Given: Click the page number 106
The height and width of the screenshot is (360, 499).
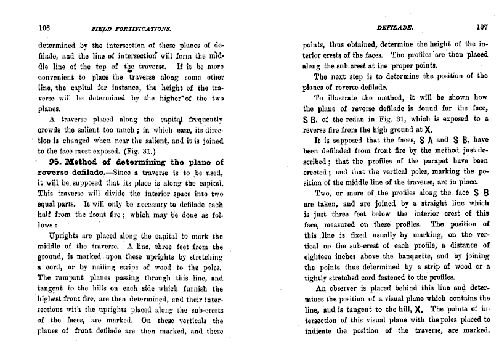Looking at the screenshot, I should pos(44,27).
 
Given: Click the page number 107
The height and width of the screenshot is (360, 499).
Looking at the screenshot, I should pos(481,26).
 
